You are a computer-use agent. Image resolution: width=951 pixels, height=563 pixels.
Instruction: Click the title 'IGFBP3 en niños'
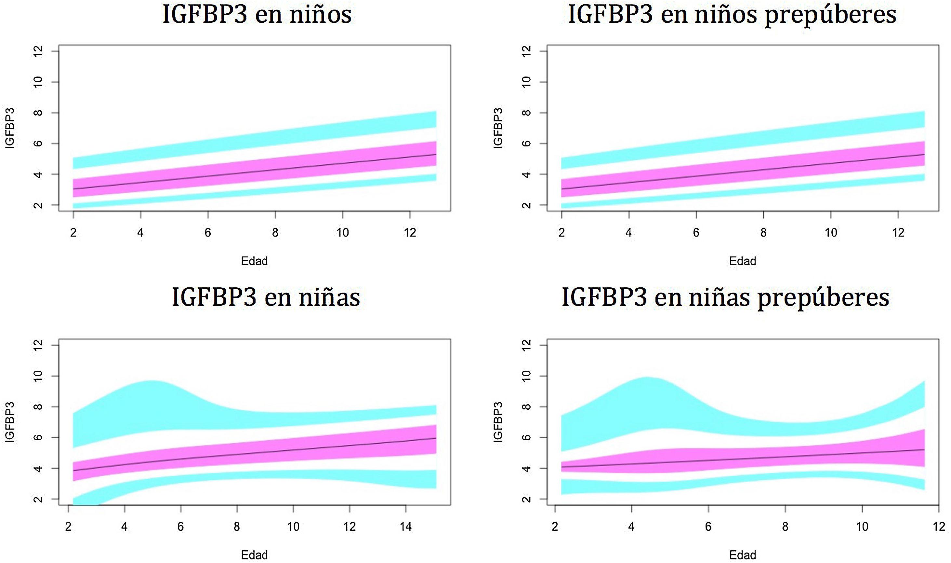click(257, 14)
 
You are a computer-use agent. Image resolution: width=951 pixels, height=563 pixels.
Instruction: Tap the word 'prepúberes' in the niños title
click(830, 15)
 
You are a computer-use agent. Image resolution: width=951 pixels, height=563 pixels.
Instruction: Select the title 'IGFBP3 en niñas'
click(266, 297)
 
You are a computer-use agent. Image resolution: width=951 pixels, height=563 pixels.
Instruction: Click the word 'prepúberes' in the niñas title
click(823, 298)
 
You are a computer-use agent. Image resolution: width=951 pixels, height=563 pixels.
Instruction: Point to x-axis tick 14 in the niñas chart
click(405, 527)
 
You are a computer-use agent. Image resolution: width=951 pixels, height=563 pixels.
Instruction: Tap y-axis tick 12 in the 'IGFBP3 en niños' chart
click(38, 51)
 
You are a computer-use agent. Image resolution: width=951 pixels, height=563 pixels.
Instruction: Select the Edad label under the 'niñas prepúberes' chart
click(743, 555)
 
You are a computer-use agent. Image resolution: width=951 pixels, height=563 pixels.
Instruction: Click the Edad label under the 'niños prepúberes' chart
click(743, 261)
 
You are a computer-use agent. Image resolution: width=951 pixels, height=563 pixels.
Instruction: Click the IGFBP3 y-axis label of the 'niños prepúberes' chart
click(498, 128)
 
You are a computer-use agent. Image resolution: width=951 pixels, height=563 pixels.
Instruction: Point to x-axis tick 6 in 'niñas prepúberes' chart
click(708, 527)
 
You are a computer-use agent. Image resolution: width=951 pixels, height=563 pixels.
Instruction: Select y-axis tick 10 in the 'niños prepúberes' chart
click(526, 82)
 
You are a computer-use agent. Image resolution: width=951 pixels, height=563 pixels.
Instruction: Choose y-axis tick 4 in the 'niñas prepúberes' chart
click(526, 468)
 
